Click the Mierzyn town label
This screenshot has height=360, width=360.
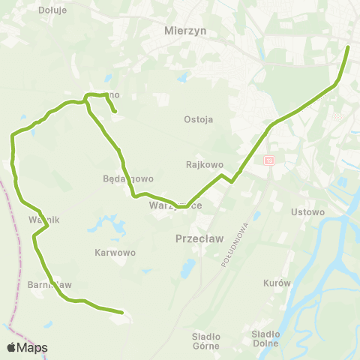point(184,32)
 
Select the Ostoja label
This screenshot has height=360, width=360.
point(199,119)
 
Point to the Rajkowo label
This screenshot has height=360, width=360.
point(200,163)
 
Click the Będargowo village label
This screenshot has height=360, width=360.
point(128,179)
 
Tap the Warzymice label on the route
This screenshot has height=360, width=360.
point(175,205)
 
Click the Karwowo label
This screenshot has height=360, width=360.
point(115,253)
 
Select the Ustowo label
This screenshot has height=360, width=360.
point(308,211)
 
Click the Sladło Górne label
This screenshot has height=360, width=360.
point(205,341)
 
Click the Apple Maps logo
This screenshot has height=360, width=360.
point(27,347)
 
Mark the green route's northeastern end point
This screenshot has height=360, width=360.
point(349,47)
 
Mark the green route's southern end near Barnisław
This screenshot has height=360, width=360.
point(121,311)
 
